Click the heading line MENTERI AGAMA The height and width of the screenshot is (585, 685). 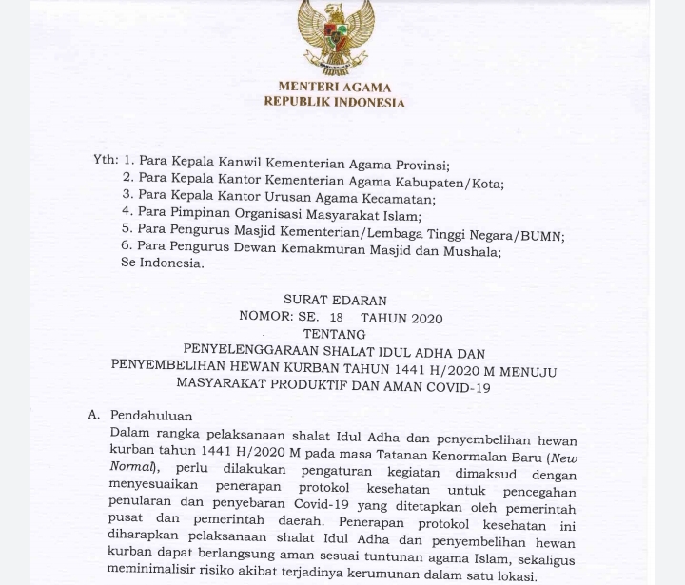pos(334,88)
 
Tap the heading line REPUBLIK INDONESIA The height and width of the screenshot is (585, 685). pos(334,103)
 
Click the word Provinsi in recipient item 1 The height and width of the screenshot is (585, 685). pos(419,165)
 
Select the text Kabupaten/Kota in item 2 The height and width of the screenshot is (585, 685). pos(458,183)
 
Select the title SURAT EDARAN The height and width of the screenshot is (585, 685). pos(335,301)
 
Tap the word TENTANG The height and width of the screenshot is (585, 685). pos(334,335)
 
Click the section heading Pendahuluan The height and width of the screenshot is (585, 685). pos(151,416)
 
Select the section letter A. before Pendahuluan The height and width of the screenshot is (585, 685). pos(94,416)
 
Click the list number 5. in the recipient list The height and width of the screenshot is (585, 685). pos(127,229)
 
